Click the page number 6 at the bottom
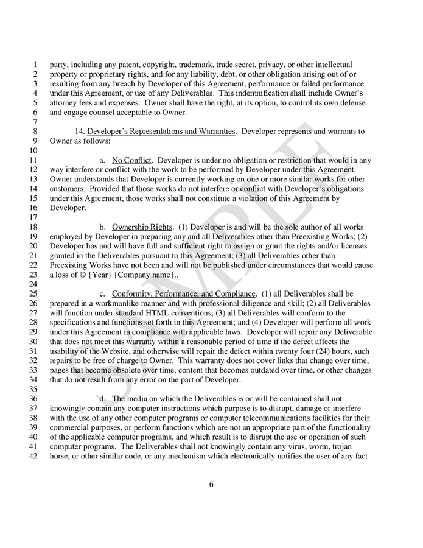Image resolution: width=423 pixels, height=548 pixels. (211, 485)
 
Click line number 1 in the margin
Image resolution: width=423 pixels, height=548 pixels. (35, 64)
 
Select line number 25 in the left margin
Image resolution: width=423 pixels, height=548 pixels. (33, 293)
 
